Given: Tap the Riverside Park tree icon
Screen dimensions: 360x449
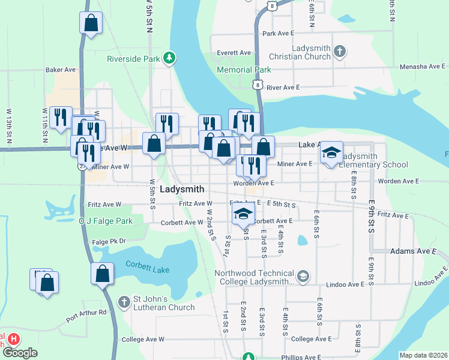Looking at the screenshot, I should point(170,58).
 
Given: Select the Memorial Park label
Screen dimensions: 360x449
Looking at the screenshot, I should point(241,69).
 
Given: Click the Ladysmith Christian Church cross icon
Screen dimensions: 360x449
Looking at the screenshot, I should point(339,51).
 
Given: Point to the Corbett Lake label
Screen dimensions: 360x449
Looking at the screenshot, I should point(148,266).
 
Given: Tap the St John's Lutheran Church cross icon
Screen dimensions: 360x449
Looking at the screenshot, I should point(124,301).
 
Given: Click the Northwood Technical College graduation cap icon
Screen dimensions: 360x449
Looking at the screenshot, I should point(303,276).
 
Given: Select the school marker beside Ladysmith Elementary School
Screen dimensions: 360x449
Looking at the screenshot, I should point(331,153).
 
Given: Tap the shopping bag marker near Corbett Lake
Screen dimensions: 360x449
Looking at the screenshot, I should point(103,274).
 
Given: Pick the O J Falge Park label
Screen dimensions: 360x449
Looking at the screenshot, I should point(105,221).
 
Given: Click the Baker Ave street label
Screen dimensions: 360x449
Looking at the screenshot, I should point(59,70).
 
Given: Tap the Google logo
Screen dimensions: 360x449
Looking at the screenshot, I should point(20,353).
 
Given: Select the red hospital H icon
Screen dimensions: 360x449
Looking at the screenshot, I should point(13,339).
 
